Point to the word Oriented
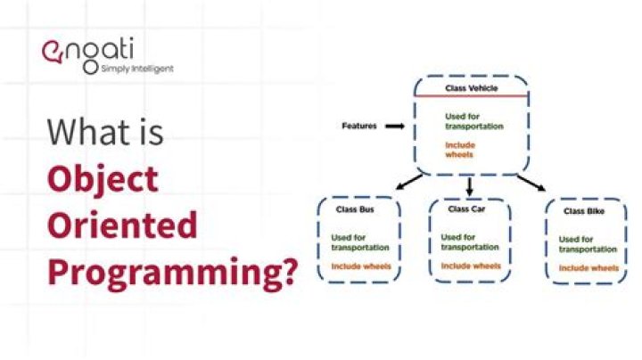pos(121,225)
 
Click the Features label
pos(359,127)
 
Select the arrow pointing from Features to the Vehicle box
pos(393,127)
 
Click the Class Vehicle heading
pos(473,89)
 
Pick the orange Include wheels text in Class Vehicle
pos(460,150)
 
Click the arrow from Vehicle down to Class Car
pos(470,185)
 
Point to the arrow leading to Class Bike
pos(530,182)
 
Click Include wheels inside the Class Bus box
pos(360,266)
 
